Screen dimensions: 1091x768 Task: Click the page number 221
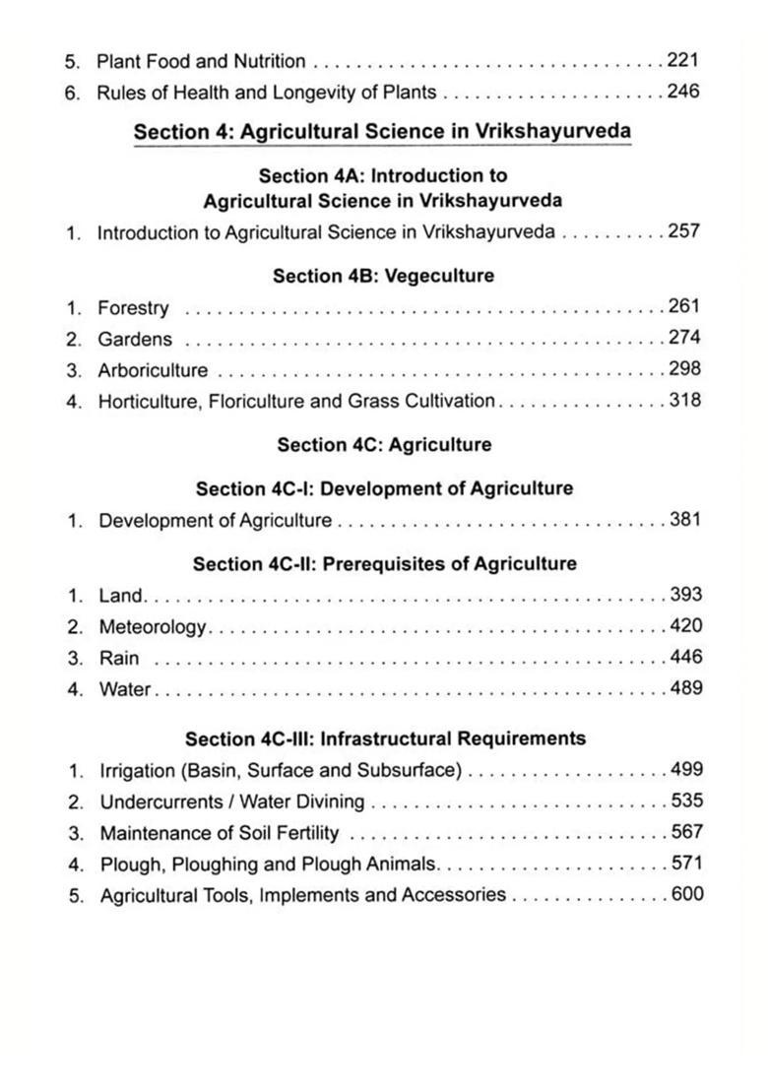682,61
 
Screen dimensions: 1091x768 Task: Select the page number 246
682,93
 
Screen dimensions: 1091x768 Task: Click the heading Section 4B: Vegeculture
383,276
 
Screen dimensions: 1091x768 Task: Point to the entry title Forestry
133,308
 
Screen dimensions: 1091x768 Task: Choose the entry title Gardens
135,339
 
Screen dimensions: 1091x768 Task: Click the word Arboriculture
153,370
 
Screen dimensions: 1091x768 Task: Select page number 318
684,401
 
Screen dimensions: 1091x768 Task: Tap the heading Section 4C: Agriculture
384,444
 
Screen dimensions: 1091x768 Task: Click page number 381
684,519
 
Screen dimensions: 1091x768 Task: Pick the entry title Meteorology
153,627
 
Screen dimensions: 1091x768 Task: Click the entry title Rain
119,658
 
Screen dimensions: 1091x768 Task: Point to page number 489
685,688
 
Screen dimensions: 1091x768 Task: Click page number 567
686,832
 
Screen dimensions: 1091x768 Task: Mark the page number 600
686,894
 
